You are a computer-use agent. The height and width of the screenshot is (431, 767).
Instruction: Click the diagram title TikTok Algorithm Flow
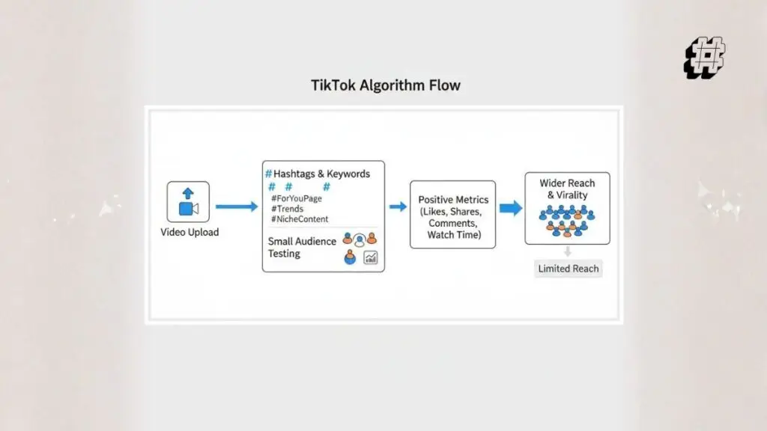point(386,85)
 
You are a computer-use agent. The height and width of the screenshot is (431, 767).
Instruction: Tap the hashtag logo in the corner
point(705,58)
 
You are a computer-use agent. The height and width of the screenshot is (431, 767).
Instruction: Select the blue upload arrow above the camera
point(188,193)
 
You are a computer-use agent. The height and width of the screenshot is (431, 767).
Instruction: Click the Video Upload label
point(190,232)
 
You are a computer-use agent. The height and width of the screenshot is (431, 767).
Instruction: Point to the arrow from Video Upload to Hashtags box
point(236,207)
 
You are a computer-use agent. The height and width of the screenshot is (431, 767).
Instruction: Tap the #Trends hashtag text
point(288,209)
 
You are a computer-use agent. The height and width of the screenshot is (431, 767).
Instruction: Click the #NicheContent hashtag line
point(300,219)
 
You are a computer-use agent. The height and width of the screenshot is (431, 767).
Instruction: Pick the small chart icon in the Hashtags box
point(370,257)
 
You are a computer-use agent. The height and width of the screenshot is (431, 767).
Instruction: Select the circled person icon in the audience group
point(360,239)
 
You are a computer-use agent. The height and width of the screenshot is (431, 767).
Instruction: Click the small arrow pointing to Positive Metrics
point(398,207)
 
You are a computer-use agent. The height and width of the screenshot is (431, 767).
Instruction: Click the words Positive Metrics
point(452,200)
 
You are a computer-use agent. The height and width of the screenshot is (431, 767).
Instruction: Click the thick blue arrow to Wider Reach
point(511,208)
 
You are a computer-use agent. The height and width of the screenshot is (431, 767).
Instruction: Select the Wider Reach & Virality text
point(567,189)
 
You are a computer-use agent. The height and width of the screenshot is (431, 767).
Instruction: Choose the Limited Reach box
point(569,269)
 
